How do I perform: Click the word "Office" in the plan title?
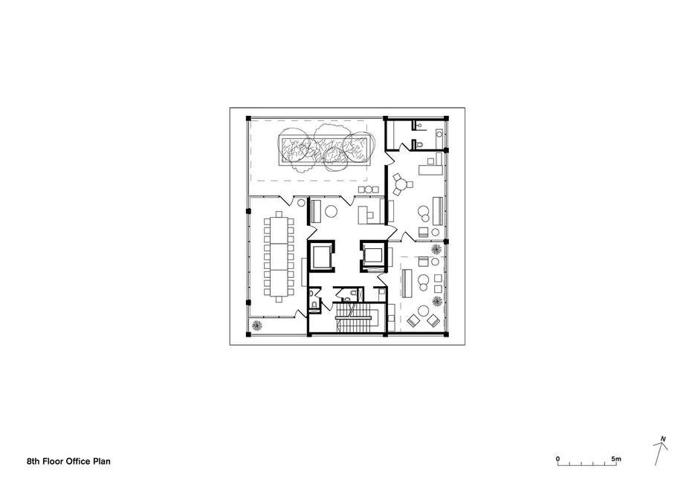pos(78,461)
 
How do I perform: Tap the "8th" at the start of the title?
pos(33,461)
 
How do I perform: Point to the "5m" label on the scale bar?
pos(616,459)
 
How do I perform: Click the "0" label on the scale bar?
pos(557,459)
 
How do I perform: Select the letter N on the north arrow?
pos(663,439)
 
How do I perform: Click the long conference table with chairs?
pos(279,256)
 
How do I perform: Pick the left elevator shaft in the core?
pos(321,256)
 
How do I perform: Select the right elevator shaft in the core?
pos(373,256)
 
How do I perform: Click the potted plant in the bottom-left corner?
pos(257,326)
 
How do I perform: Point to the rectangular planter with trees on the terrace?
pos(324,150)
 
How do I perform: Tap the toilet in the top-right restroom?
pos(418,144)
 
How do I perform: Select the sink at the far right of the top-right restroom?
pos(439,133)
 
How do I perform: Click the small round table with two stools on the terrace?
pos(368,190)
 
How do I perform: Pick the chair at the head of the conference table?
pos(279,214)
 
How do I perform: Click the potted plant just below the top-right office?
pos(436,249)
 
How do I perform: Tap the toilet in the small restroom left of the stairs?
pos(314,305)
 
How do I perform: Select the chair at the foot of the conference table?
pos(279,300)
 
